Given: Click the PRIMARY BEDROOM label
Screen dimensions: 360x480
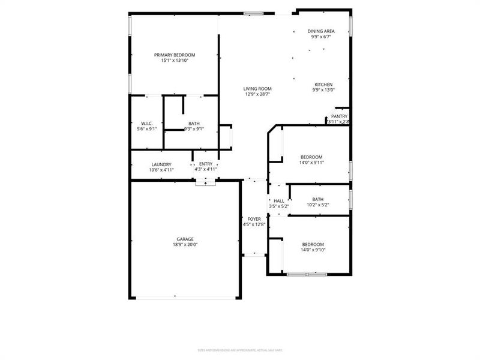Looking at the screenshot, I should (174, 55).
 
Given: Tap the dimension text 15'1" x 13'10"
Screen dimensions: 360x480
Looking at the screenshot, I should (174, 61).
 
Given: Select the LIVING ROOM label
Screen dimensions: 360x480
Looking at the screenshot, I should (257, 89).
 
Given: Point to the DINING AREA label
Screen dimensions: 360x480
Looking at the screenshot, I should (321, 31).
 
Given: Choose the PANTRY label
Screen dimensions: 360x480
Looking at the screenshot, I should (339, 116).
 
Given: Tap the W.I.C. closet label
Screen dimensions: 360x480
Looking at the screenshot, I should (147, 123).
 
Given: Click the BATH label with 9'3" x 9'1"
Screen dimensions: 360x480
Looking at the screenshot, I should (194, 123).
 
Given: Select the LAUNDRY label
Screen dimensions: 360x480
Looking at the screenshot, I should (161, 164).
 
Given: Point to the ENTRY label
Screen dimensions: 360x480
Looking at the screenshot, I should (206, 164).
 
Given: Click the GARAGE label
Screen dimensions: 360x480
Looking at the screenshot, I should (185, 239).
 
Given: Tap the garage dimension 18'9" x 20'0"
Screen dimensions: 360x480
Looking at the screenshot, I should (185, 245).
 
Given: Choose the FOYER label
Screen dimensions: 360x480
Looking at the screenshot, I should (254, 219).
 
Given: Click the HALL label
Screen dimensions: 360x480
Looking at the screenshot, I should (279, 201).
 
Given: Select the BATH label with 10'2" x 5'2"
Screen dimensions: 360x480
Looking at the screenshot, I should (317, 200).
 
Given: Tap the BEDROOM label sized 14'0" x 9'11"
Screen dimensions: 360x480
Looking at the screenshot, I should (311, 157).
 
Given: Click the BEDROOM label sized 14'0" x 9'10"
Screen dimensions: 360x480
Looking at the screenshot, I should (313, 244).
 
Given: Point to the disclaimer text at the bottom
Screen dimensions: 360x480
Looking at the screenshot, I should (240, 350).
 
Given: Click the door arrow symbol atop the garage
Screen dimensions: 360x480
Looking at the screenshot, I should (206, 184).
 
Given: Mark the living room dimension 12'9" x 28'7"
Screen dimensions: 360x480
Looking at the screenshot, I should (257, 94).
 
